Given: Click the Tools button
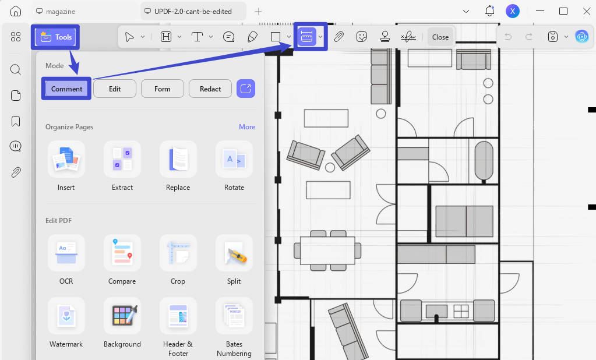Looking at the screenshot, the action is [x=55, y=37].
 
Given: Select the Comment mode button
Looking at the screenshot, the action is [x=66, y=89].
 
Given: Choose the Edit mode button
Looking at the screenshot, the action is [x=115, y=89].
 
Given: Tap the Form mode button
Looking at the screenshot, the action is [x=163, y=89].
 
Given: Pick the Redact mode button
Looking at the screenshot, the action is [x=210, y=89].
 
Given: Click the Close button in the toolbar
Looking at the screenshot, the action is [x=440, y=37].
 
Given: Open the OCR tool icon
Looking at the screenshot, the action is [x=66, y=253].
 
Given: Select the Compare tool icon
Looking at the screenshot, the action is [x=122, y=253].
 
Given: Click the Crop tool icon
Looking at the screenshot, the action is [x=178, y=253].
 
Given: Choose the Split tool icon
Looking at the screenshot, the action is [x=234, y=253].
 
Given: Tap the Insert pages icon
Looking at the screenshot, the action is [x=66, y=159].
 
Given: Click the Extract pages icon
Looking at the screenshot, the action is [x=122, y=159].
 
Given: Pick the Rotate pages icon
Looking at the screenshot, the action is [x=234, y=159].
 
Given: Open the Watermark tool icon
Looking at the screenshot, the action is [x=66, y=316].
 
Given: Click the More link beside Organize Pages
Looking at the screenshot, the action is [x=247, y=127].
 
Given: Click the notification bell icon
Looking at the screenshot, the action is [x=489, y=11].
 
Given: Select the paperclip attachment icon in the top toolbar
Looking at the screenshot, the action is [x=338, y=37].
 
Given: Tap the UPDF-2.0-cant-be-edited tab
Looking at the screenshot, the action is [x=193, y=12].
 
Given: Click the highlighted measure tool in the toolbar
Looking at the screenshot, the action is [x=306, y=37].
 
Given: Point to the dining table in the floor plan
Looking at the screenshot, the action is [x=327, y=250].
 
